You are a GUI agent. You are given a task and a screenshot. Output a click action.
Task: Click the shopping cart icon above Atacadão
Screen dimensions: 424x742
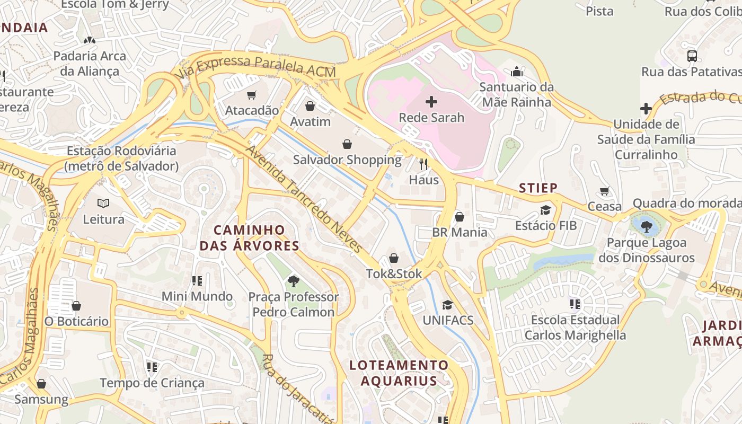252,95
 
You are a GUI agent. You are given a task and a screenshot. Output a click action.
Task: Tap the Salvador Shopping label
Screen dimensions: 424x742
347,160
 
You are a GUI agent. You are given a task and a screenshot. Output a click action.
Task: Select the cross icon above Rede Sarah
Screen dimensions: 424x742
431,102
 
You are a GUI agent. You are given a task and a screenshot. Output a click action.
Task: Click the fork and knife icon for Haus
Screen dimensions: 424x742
423,164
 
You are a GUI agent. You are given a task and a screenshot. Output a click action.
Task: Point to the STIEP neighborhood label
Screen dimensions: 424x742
538,188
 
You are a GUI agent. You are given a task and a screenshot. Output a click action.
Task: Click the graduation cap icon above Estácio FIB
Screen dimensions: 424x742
545,210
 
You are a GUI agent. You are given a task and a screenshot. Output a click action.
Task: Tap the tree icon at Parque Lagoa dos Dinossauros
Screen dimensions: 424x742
646,227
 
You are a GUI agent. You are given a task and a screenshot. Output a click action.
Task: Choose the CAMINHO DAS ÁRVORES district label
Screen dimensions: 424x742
249,238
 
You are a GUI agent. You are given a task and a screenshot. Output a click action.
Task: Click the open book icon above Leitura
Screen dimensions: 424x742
103,204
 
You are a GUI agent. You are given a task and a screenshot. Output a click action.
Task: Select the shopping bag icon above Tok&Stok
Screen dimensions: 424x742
394,258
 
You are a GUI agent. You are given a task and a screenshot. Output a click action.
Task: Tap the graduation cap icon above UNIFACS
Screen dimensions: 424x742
447,305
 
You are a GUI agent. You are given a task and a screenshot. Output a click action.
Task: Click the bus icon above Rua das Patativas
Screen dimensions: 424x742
692,56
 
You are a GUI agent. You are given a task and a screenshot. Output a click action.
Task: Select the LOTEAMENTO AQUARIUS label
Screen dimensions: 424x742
399,373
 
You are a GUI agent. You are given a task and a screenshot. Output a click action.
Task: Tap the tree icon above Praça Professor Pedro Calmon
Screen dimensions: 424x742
293,281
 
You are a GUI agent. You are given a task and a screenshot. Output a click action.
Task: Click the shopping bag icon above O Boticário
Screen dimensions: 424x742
76,306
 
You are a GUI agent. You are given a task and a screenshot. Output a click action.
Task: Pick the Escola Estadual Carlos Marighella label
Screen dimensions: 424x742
575,328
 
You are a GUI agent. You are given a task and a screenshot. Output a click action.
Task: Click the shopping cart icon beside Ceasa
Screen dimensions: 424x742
604,191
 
